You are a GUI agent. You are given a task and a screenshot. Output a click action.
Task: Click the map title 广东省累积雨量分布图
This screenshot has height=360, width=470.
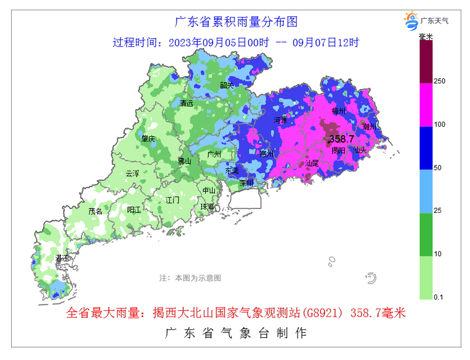[x=235, y=22]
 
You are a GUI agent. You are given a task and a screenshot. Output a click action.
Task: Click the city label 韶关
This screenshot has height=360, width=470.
[x=226, y=85]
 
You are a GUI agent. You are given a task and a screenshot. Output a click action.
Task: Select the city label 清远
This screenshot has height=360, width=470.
[x=186, y=103]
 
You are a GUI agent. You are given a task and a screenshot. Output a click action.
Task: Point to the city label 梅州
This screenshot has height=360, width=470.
[x=339, y=111]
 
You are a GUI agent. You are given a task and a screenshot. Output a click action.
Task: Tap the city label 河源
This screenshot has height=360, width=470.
[x=280, y=120]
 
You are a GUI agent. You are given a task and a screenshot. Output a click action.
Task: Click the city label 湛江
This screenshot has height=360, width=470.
[x=62, y=258]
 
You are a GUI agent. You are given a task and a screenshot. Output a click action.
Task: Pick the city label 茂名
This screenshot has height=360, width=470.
[x=95, y=211]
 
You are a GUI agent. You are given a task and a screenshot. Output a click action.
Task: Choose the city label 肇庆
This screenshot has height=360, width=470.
[x=148, y=139]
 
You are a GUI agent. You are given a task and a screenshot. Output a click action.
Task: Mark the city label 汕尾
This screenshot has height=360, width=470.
[x=312, y=163]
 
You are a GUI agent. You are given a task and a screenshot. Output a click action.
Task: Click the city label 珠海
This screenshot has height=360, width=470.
[x=207, y=207]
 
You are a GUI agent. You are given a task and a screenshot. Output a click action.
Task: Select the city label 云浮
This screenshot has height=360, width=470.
[x=132, y=173]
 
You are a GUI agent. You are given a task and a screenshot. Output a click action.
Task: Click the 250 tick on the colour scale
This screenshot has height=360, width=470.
[x=439, y=81]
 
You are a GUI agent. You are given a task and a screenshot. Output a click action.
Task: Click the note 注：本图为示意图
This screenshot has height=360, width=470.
[x=190, y=278]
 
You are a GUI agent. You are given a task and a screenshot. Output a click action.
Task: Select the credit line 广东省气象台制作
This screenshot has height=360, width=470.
[x=235, y=333]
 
